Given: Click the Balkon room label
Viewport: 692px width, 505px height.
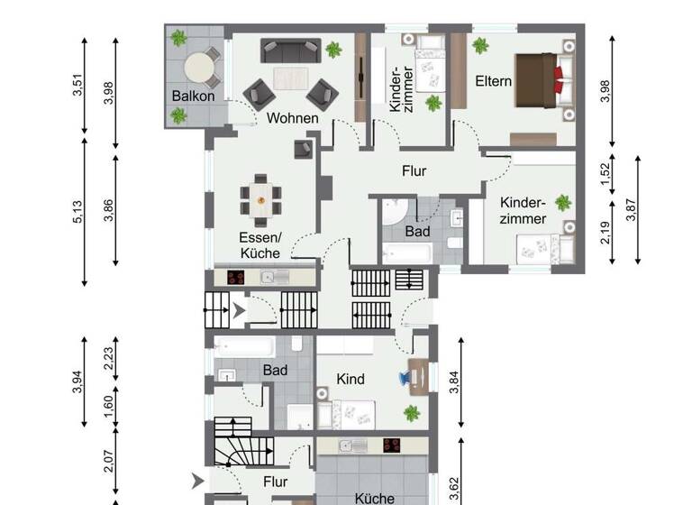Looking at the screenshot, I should [x=194, y=96].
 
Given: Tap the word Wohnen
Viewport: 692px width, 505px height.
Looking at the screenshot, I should [x=292, y=118].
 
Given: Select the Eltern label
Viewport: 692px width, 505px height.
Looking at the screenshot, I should [x=493, y=81].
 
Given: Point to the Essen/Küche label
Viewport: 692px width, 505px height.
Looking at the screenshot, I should [x=259, y=245].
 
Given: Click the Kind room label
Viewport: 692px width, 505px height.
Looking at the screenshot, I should [x=350, y=380].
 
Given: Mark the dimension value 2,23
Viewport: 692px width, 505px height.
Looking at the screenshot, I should [x=109, y=359].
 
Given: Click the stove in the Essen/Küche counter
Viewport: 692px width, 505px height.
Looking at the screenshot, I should [x=238, y=278].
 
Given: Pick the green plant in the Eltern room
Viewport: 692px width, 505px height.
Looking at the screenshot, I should [x=479, y=44].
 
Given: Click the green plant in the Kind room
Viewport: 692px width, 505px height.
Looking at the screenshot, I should [x=412, y=413].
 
